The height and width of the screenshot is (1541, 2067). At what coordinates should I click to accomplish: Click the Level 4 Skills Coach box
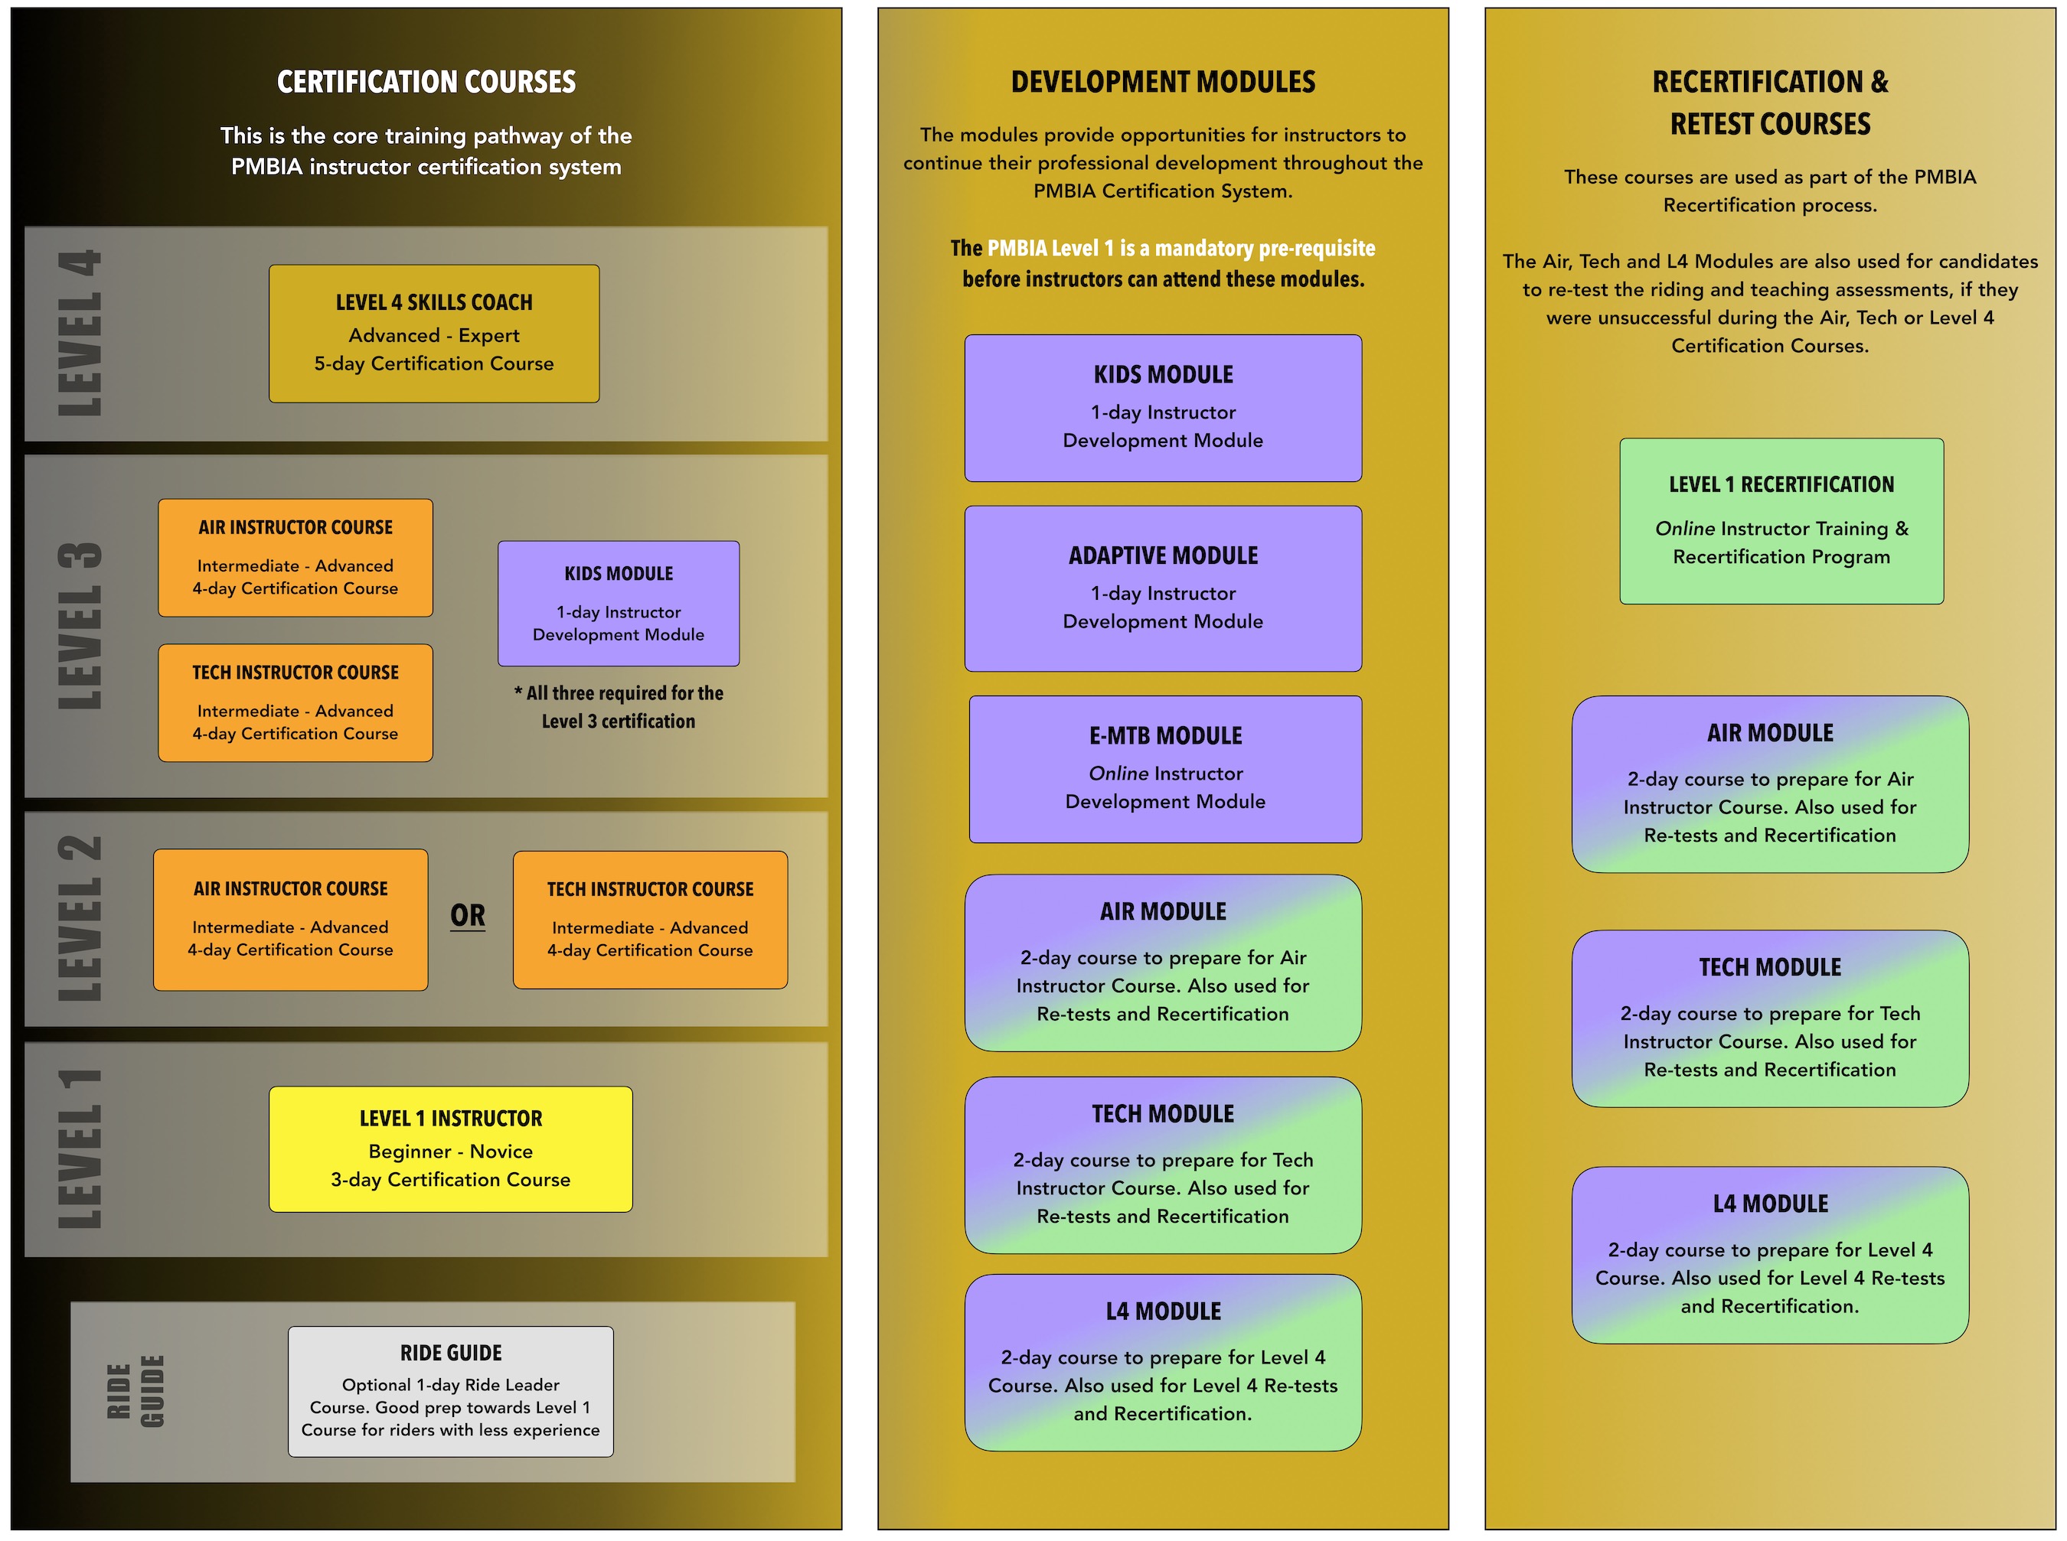pyautogui.click(x=434, y=333)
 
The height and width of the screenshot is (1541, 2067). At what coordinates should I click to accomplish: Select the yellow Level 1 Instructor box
pyautogui.click(x=450, y=1148)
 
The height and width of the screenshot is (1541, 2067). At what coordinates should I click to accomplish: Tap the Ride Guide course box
pyautogui.click(x=450, y=1390)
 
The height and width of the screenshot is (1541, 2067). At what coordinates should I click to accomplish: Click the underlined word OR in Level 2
pyautogui.click(x=468, y=915)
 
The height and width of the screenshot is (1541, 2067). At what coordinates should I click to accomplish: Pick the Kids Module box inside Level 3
pyautogui.click(x=618, y=603)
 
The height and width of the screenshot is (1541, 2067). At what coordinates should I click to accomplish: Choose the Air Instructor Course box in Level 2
pyautogui.click(x=290, y=919)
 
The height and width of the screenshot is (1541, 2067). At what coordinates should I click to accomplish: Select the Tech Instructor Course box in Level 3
pyautogui.click(x=295, y=702)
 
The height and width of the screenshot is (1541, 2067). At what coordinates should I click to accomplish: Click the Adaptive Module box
pyautogui.click(x=1162, y=588)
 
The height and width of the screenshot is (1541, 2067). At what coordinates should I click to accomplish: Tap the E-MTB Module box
pyautogui.click(x=1164, y=769)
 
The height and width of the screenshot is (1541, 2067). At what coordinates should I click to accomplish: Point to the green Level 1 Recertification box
pyautogui.click(x=1781, y=520)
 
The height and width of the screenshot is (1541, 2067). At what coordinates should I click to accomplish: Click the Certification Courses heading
pyautogui.click(x=426, y=82)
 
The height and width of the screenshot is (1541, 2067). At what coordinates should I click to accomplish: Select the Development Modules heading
pyautogui.click(x=1162, y=82)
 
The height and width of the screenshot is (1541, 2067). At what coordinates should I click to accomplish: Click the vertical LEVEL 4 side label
pyautogui.click(x=80, y=333)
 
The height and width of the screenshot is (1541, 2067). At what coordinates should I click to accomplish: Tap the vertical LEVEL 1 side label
pyautogui.click(x=80, y=1148)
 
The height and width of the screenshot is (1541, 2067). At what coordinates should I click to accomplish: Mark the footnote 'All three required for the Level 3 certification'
pyautogui.click(x=618, y=707)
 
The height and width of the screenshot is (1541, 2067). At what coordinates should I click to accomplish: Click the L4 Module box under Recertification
pyautogui.click(x=1769, y=1254)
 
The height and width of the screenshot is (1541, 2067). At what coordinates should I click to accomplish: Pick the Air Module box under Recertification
pyautogui.click(x=1769, y=784)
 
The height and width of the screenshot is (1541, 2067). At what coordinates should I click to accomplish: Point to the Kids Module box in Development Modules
pyautogui.click(x=1162, y=408)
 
